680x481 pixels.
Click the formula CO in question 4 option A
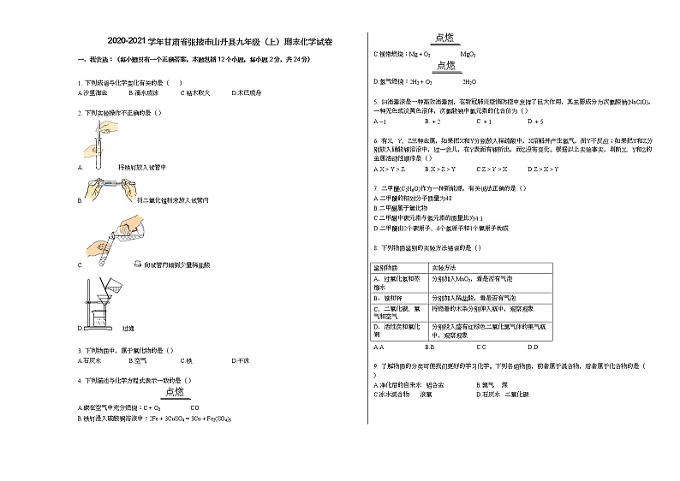(195, 407)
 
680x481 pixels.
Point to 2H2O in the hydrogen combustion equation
(469, 82)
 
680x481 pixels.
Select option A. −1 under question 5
(379, 121)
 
